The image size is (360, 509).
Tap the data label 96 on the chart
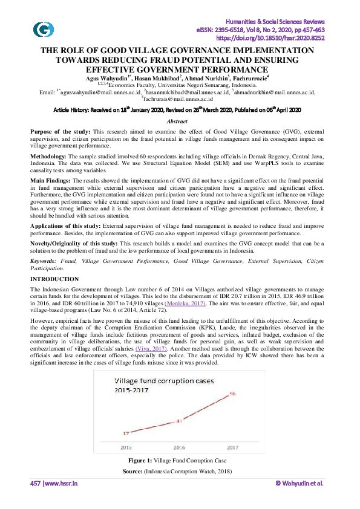coord(232,394)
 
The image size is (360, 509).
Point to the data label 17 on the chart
coord(125,433)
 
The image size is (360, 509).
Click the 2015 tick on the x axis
coord(126,448)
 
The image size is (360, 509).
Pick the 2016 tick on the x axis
coord(180,448)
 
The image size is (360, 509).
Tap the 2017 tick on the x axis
coord(233,448)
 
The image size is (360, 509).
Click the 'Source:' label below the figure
coord(133,470)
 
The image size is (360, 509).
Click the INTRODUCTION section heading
coord(54,279)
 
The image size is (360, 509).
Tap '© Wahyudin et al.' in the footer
coord(299,483)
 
